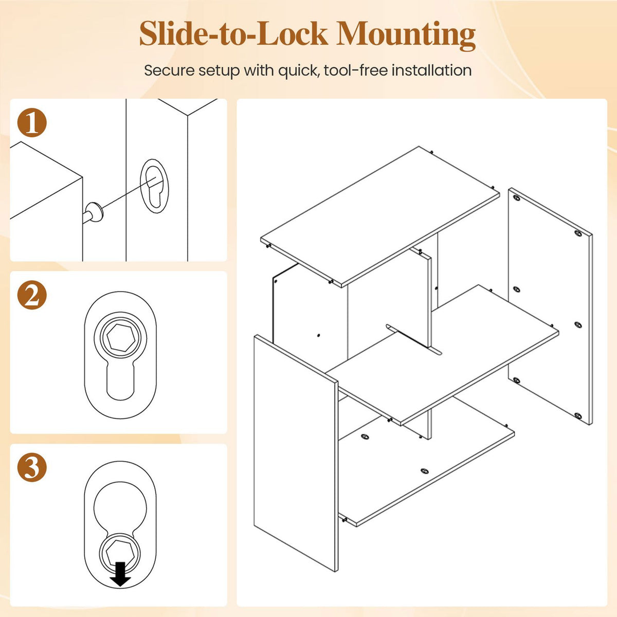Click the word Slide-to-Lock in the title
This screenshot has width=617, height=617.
click(x=234, y=33)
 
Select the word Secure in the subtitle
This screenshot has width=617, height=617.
click(x=169, y=70)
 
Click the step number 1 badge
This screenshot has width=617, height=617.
click(x=32, y=123)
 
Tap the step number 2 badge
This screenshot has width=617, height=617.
click(x=32, y=295)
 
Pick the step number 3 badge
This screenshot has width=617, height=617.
click(x=32, y=467)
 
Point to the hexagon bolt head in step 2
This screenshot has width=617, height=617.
click(x=121, y=338)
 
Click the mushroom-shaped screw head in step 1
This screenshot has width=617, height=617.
click(x=96, y=212)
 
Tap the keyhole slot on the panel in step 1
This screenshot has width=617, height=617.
click(x=154, y=186)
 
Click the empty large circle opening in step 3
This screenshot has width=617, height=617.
click(x=120, y=509)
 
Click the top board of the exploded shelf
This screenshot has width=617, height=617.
click(x=380, y=217)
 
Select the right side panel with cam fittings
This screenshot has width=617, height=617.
click(x=550, y=306)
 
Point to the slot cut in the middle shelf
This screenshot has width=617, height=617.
click(x=414, y=339)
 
